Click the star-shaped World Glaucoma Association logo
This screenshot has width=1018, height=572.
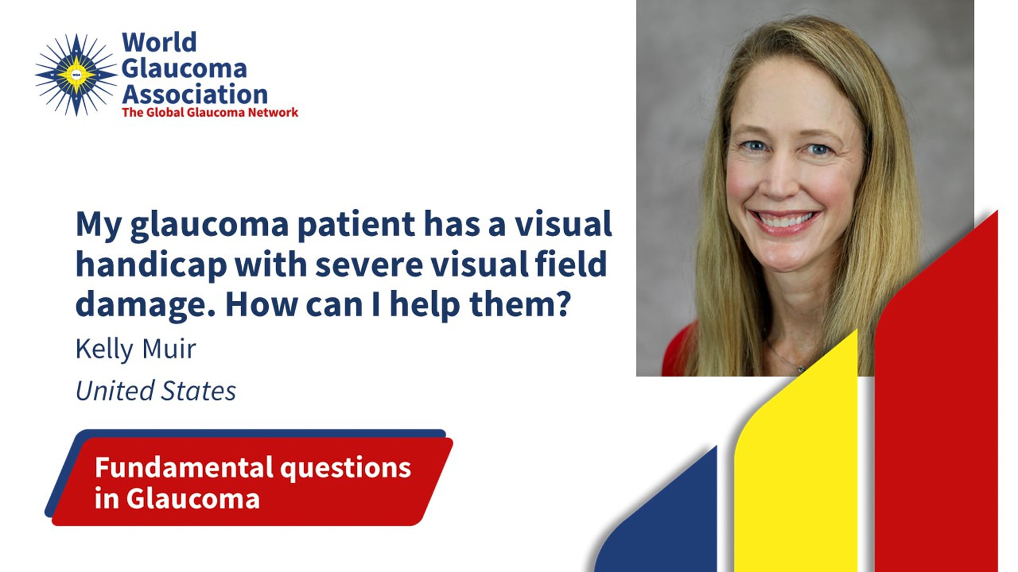[76, 75]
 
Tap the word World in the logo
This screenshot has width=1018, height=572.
[159, 43]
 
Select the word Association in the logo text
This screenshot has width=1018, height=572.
[195, 95]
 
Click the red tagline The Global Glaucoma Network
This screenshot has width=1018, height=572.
[210, 113]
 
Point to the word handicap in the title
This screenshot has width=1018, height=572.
[151, 265]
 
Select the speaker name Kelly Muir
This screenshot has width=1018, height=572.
[136, 350]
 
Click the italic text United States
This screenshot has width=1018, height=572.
[155, 391]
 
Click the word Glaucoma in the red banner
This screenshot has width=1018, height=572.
[193, 499]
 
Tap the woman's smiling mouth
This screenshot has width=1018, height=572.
[784, 220]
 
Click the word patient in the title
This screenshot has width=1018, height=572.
[356, 225]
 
